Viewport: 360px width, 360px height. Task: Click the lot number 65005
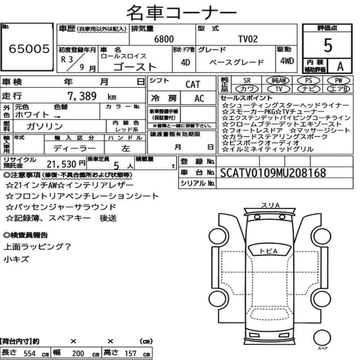click(29, 49)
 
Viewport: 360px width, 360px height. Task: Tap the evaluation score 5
click(328, 45)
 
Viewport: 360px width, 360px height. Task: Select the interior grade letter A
click(340, 66)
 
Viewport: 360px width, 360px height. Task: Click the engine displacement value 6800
click(164, 39)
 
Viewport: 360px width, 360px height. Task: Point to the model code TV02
click(248, 39)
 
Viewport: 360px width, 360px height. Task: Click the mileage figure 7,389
click(82, 96)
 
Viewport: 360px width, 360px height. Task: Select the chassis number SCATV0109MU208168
click(273, 173)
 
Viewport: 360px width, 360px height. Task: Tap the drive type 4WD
click(287, 61)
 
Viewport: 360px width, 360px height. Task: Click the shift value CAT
click(193, 84)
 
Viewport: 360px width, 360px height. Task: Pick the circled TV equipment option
click(279, 89)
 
